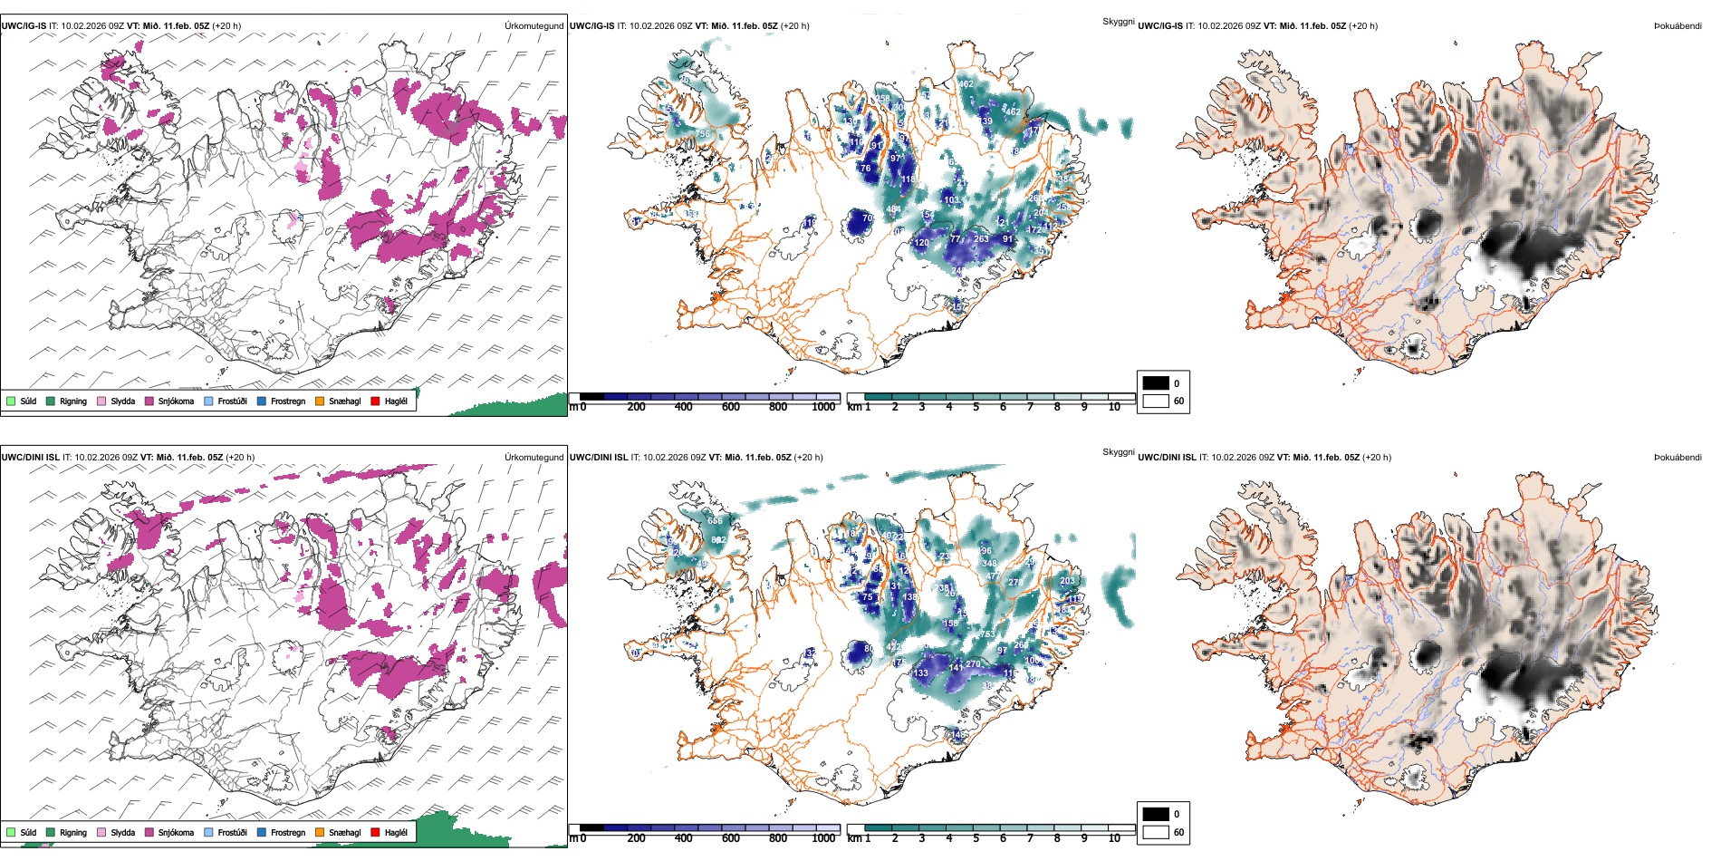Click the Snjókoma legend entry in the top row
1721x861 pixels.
[175, 401]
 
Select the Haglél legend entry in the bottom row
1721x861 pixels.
[395, 833]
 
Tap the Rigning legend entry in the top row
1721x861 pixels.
[72, 401]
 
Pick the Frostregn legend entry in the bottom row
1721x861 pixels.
[287, 833]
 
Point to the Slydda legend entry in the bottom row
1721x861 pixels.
[122, 833]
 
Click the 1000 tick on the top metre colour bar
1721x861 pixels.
[823, 407]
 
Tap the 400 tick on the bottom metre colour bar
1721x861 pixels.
[684, 838]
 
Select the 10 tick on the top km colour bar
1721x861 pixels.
[1114, 407]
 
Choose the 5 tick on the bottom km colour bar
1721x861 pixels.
[976, 838]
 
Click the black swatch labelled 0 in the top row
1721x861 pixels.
[1156, 383]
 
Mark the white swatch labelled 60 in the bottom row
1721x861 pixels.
[1156, 832]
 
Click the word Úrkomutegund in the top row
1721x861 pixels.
[534, 26]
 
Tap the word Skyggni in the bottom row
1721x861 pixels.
[1118, 452]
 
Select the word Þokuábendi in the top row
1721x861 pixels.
[1678, 26]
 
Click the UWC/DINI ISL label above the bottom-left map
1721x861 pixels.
[30, 458]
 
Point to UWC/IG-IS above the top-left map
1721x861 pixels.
[24, 26]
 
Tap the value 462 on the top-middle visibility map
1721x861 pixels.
[966, 84]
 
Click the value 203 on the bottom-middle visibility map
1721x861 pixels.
[1067, 581]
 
